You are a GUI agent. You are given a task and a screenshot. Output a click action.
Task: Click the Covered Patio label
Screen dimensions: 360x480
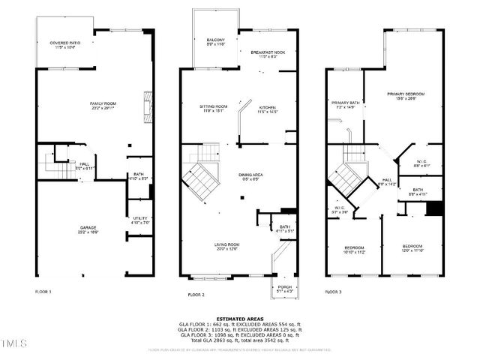click(x=64, y=45)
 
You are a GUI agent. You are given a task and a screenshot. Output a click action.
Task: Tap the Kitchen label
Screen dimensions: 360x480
click(x=268, y=109)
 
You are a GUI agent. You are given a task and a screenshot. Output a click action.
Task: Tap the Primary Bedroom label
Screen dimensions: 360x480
click(x=405, y=96)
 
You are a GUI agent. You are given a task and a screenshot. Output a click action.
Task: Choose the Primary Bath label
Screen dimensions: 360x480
click(x=345, y=104)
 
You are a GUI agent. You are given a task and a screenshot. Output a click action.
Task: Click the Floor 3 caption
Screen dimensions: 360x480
click(x=334, y=292)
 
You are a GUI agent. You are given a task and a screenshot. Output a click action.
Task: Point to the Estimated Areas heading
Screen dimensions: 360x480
click(x=239, y=318)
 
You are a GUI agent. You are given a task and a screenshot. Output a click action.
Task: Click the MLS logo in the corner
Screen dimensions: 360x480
click(x=13, y=345)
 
